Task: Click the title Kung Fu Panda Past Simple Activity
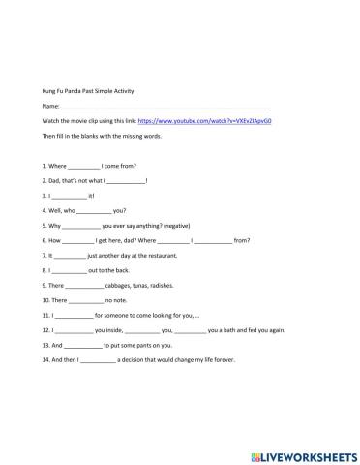point(88,90)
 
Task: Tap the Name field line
point(165,107)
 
